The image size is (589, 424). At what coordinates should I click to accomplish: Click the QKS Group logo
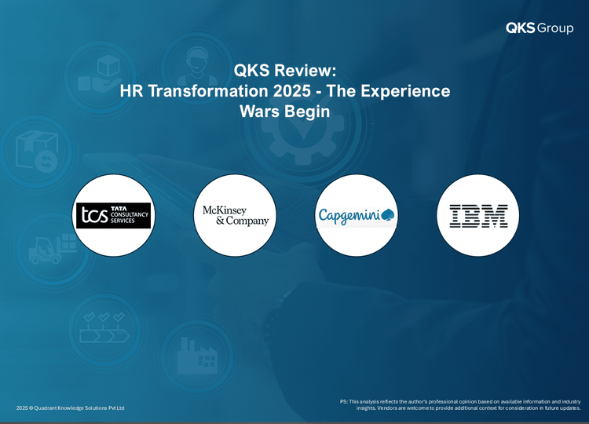point(540,27)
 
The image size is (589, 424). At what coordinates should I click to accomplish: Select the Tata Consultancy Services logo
point(113,216)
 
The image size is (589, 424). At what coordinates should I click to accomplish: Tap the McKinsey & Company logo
point(236,215)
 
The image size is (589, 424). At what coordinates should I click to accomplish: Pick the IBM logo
point(478,216)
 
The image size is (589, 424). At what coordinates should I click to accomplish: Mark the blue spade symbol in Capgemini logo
point(387,215)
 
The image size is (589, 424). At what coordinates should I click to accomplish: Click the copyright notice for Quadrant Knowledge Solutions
point(70,408)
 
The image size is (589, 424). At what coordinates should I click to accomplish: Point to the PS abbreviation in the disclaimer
point(343,401)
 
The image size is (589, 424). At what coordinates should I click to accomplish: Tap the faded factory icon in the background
point(197,355)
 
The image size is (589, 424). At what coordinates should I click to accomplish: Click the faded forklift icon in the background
point(53,250)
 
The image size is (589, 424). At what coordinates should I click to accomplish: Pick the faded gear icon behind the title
point(303,129)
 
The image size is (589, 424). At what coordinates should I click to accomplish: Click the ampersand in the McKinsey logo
point(220,221)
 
